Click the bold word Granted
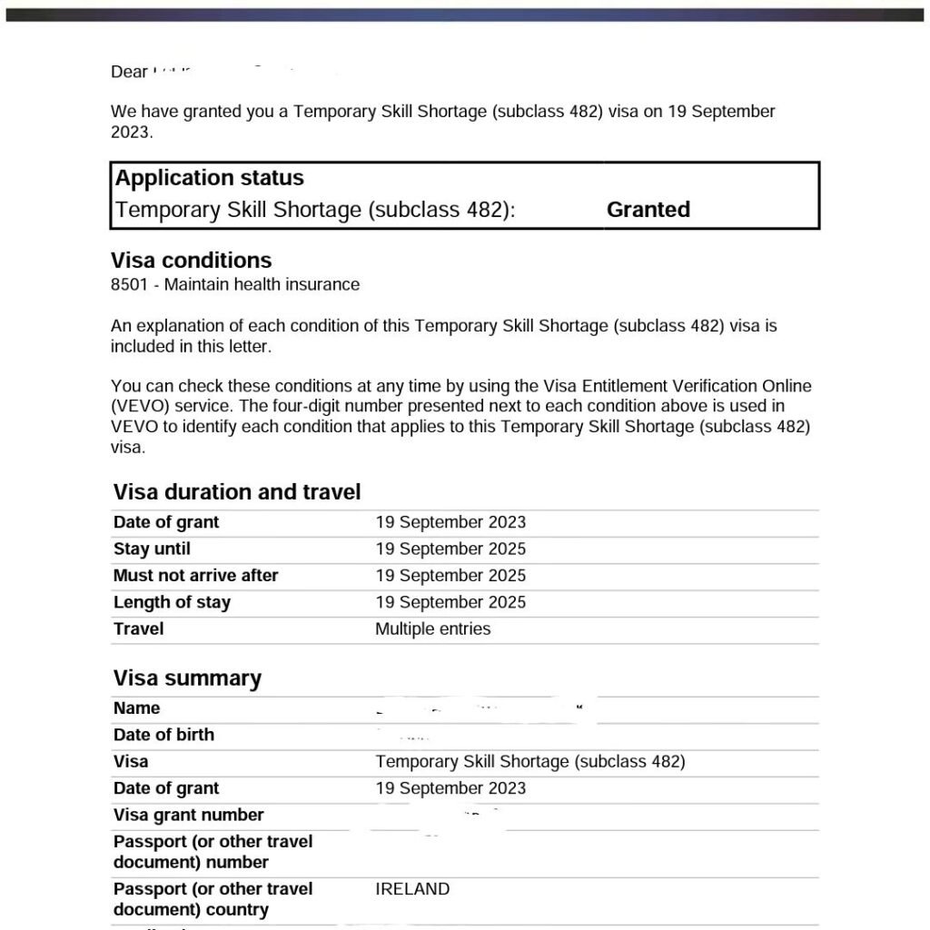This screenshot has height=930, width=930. (x=648, y=210)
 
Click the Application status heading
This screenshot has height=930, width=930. (x=209, y=178)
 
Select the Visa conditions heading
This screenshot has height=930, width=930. (x=191, y=261)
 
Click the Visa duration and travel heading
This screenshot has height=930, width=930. (x=236, y=492)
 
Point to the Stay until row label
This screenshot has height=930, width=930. (x=152, y=549)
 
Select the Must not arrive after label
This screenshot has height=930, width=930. (x=195, y=576)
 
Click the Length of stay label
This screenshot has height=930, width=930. (x=172, y=602)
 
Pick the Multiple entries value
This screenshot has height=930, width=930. (x=432, y=629)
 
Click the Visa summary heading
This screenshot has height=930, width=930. (x=187, y=678)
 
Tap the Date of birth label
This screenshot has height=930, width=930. (x=163, y=735)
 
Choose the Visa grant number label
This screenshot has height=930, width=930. (x=188, y=816)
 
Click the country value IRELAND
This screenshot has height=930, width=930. (x=412, y=889)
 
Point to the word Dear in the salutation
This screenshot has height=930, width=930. (x=129, y=72)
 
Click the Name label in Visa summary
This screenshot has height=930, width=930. (x=136, y=708)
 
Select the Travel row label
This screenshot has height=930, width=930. (x=138, y=628)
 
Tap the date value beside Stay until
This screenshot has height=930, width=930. (x=450, y=549)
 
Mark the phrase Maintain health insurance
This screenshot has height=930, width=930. (x=262, y=285)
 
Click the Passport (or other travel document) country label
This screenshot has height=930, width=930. (x=213, y=899)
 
